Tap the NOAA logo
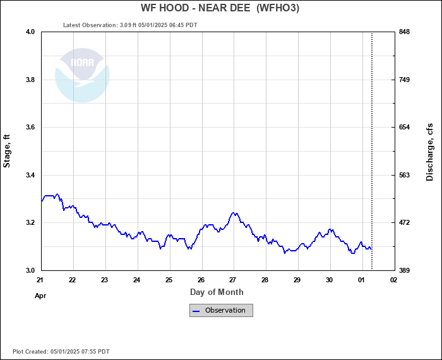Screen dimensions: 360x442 (82, 75)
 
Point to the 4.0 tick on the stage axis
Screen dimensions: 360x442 (30, 32)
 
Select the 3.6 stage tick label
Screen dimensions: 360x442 (30, 128)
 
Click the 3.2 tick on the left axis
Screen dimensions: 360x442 (30, 223)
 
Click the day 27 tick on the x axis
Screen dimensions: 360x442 (233, 280)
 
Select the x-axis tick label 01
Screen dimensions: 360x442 (361, 280)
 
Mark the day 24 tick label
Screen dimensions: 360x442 (137, 280)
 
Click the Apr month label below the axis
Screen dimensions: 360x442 (41, 295)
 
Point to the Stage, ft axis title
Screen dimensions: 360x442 (8, 151)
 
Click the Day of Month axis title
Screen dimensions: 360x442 (217, 292)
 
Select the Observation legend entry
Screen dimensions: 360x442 (221, 310)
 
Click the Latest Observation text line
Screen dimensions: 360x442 (130, 25)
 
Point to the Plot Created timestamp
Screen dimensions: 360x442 (61, 351)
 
